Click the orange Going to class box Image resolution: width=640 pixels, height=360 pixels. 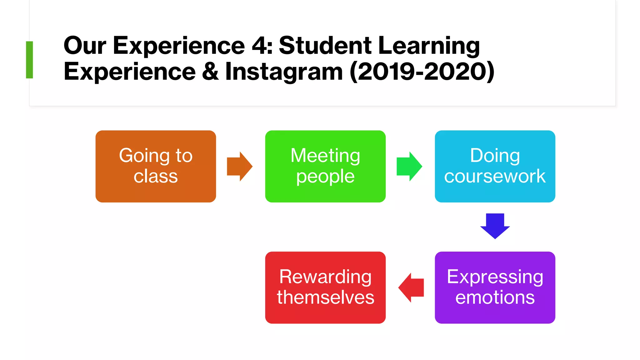(156, 166)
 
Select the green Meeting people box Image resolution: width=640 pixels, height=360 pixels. (325, 166)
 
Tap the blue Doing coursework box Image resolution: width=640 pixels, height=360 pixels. (495, 166)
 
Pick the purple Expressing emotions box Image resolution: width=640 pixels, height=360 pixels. (495, 287)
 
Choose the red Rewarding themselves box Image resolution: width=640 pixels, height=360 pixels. (325, 287)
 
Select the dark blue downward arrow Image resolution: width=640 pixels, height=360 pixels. (495, 226)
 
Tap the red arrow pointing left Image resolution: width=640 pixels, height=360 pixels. (411, 287)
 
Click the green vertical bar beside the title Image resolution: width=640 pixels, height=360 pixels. (29, 59)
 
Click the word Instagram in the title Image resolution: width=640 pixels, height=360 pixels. (284, 72)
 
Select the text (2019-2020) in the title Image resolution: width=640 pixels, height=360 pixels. (422, 72)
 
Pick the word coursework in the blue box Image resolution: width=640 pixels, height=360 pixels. (495, 176)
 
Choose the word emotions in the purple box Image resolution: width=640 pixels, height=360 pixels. (495, 297)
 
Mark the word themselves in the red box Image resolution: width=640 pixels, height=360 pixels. (325, 297)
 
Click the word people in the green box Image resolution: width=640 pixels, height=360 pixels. (325, 177)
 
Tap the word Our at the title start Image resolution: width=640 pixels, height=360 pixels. (85, 46)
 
